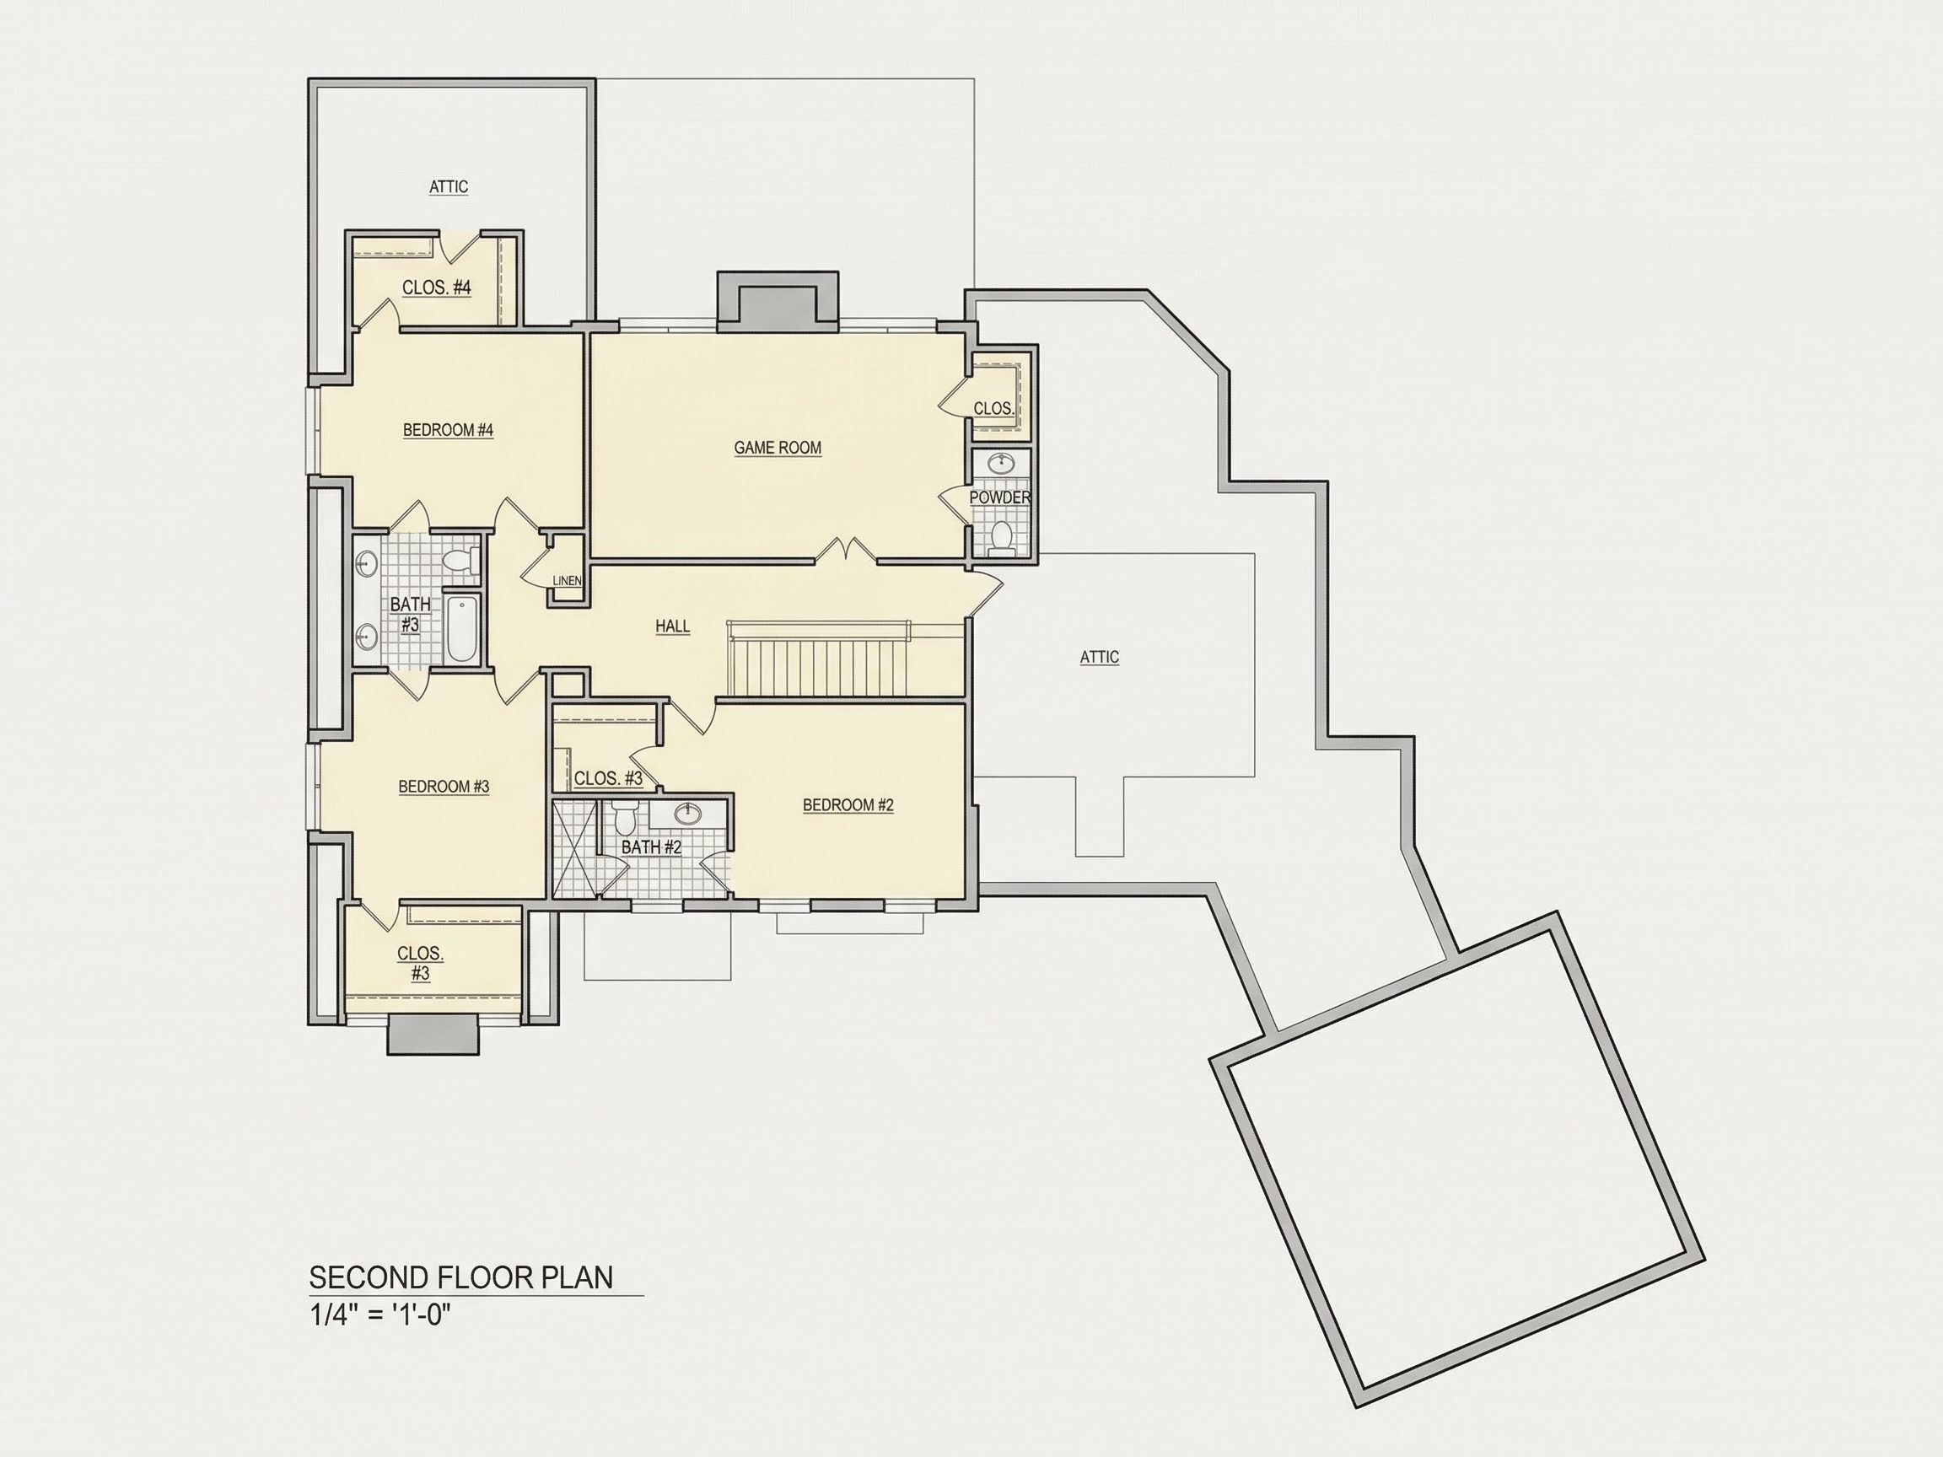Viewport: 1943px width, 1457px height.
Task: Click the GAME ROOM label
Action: [x=778, y=448]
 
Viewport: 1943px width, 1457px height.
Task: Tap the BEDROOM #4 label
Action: [x=448, y=430]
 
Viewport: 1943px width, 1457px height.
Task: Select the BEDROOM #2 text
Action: [x=848, y=805]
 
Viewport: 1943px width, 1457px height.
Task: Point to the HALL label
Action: [x=672, y=626]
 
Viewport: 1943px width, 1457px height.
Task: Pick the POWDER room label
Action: [x=999, y=498]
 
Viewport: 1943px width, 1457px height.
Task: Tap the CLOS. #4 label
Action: [x=437, y=288]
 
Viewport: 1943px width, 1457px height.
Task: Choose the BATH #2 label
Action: [x=651, y=847]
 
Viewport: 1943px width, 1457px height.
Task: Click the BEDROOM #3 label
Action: [x=444, y=787]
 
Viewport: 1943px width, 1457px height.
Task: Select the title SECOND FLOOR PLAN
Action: [x=461, y=1278]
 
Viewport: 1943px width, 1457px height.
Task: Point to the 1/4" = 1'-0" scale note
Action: [x=379, y=1316]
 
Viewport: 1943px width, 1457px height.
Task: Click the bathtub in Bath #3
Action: [x=462, y=630]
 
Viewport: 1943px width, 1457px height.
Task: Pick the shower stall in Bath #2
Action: [x=574, y=848]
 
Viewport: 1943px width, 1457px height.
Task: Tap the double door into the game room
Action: [x=845, y=551]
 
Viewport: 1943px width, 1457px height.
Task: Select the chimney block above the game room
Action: [x=778, y=302]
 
